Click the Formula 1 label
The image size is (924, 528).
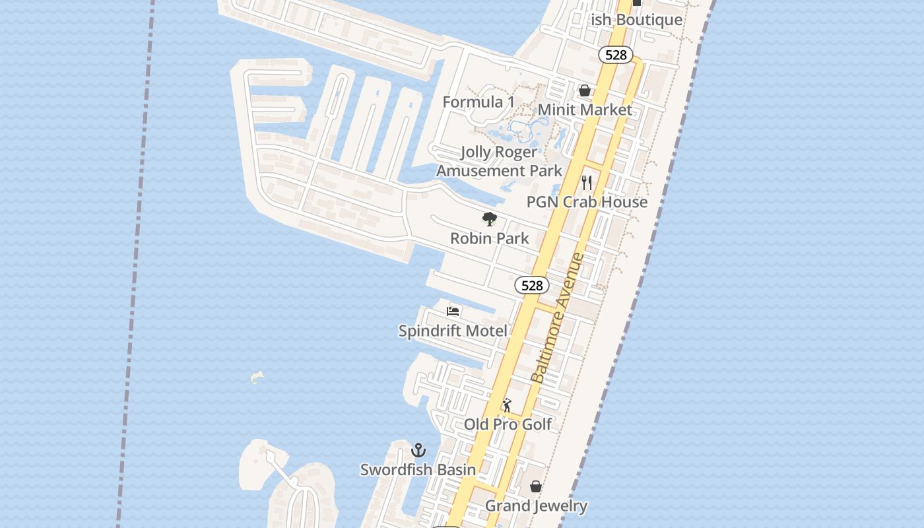click(478, 102)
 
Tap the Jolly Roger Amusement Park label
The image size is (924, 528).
click(499, 162)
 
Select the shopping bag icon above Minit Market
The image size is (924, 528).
click(585, 90)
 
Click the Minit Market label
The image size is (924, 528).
click(585, 110)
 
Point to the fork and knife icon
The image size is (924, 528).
click(587, 182)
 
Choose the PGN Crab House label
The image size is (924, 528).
click(587, 202)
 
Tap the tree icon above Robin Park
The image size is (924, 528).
click(489, 219)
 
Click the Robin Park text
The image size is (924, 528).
click(489, 238)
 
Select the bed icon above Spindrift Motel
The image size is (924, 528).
click(453, 311)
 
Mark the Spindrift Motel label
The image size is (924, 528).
click(453, 331)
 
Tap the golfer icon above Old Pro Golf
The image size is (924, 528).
click(507, 405)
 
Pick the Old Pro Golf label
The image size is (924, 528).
click(508, 424)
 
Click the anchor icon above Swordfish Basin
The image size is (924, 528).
click(418, 451)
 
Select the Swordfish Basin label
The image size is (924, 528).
click(418, 470)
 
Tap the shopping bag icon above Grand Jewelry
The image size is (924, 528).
click(536, 486)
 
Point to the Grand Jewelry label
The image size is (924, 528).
click(536, 506)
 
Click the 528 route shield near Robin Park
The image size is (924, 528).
click(532, 285)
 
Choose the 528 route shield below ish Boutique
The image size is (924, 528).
click(616, 55)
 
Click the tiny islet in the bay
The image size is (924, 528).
click(257, 377)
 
